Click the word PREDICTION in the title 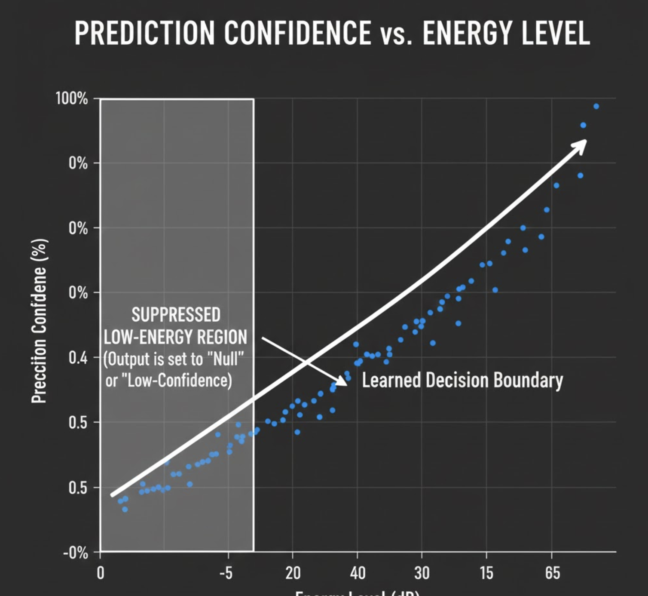144,33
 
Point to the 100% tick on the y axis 72,98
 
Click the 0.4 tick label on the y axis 78,357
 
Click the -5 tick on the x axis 226,573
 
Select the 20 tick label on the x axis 293,573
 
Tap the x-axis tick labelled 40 358,573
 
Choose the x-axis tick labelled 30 422,573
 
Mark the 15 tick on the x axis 486,573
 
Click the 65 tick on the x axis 552,573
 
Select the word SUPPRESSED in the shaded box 176,315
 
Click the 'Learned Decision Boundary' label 462,380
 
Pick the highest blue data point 596,106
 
